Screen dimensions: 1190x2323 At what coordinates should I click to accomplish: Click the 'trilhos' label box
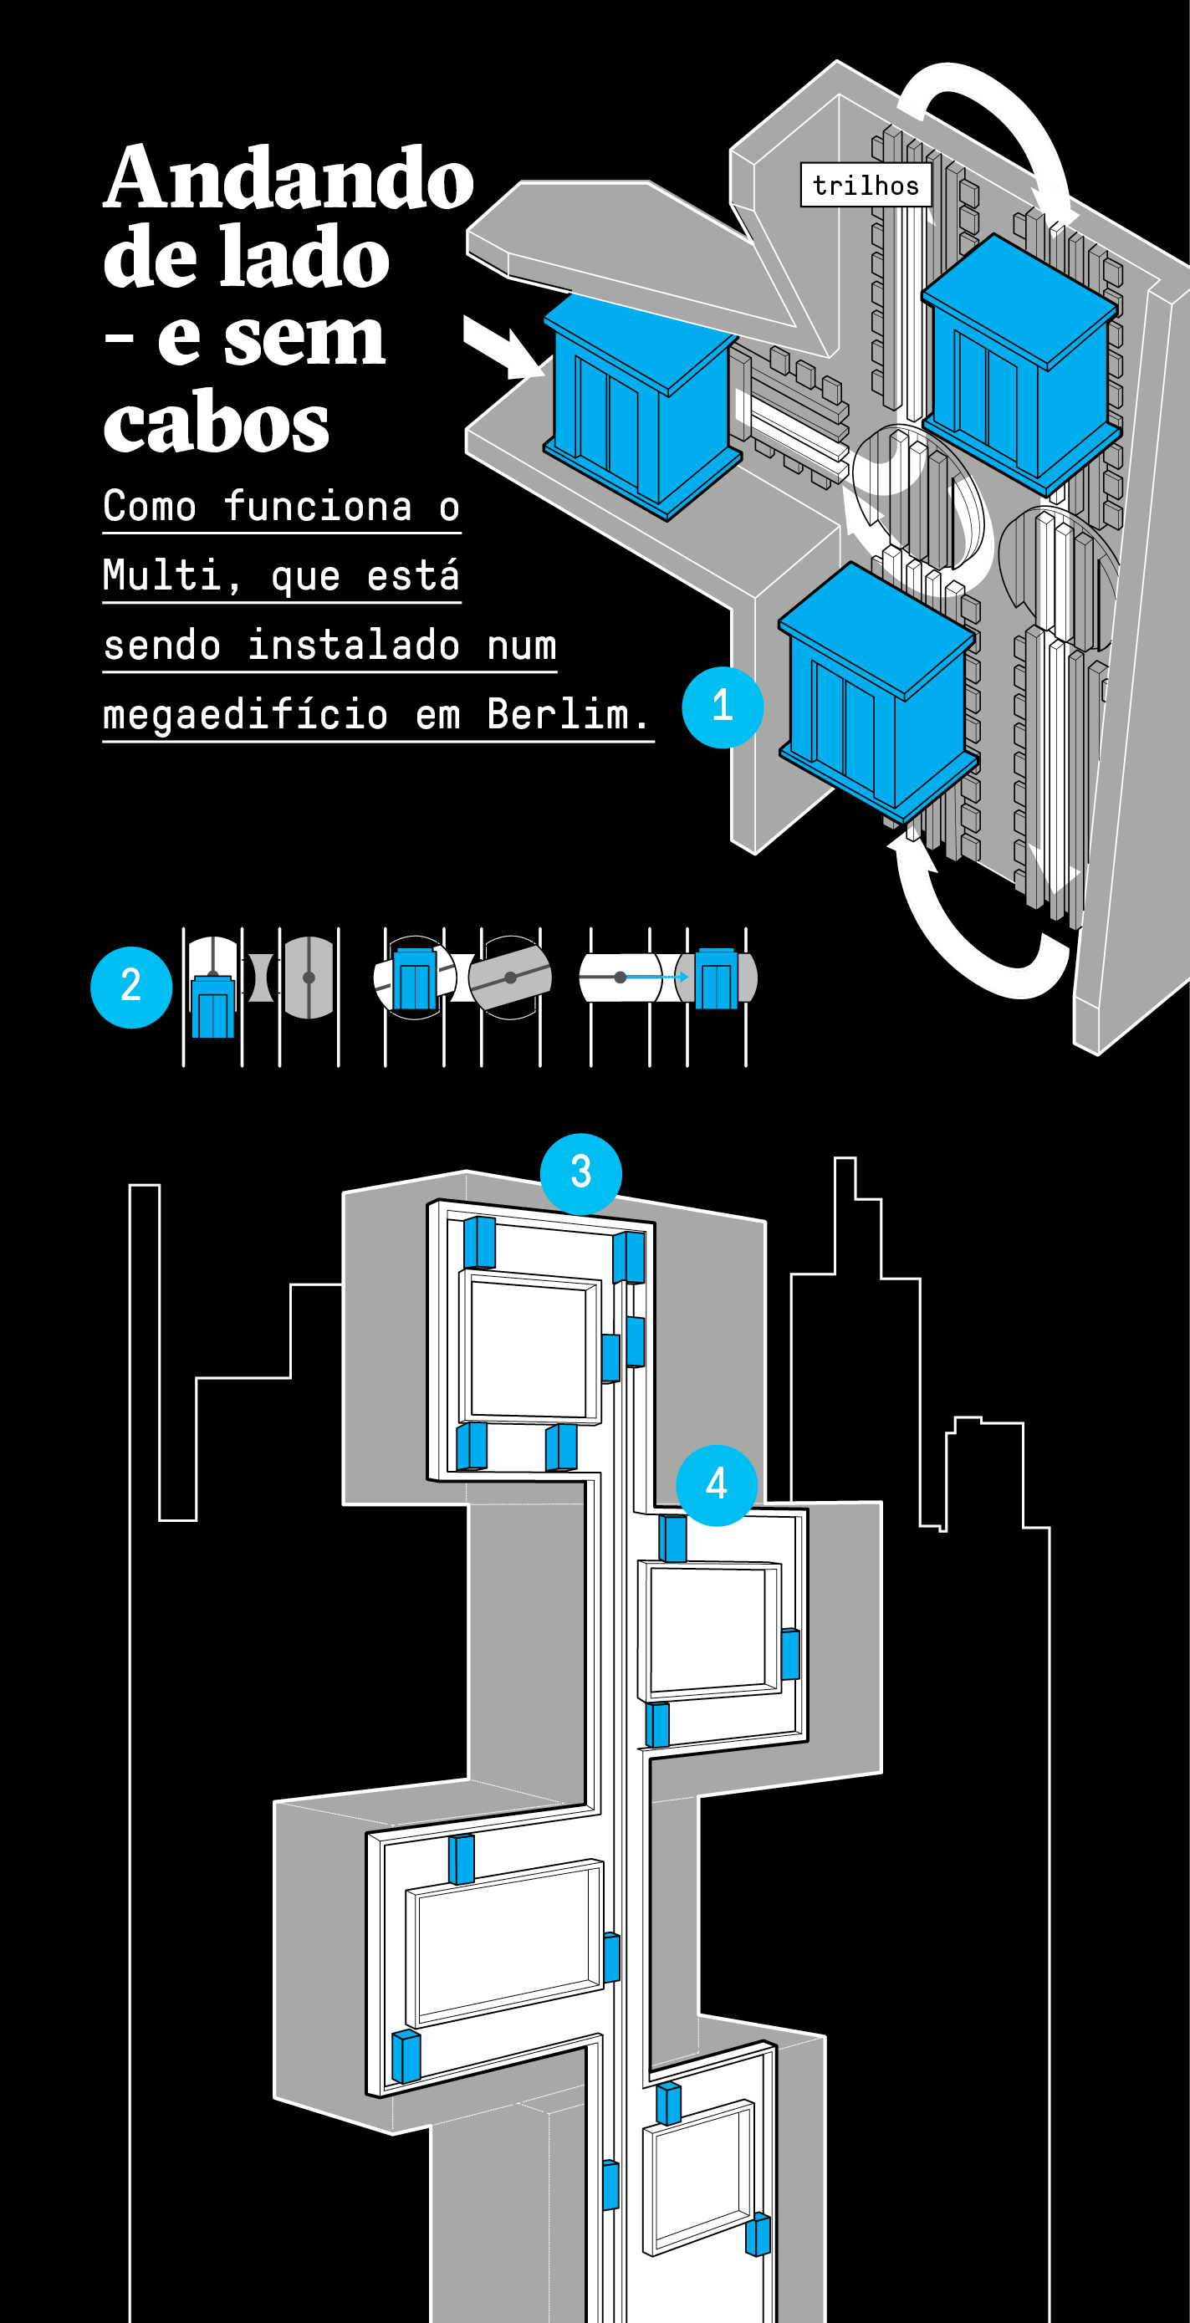866,185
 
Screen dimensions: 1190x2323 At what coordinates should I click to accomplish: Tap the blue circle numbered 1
723,707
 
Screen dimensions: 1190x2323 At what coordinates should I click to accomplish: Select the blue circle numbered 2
131,988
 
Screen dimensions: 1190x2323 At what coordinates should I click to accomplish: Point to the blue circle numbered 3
580,1173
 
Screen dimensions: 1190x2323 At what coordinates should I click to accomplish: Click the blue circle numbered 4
717,1485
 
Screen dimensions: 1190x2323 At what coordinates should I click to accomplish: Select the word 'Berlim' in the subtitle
567,714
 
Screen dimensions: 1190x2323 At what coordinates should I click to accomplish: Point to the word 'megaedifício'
245,716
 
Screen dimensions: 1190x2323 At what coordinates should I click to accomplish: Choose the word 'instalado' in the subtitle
354,646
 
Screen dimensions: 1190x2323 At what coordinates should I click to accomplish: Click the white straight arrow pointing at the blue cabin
503,347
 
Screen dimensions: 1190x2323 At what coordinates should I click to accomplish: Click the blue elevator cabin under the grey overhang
642,406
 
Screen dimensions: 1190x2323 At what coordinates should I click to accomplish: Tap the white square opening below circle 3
529,1347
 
